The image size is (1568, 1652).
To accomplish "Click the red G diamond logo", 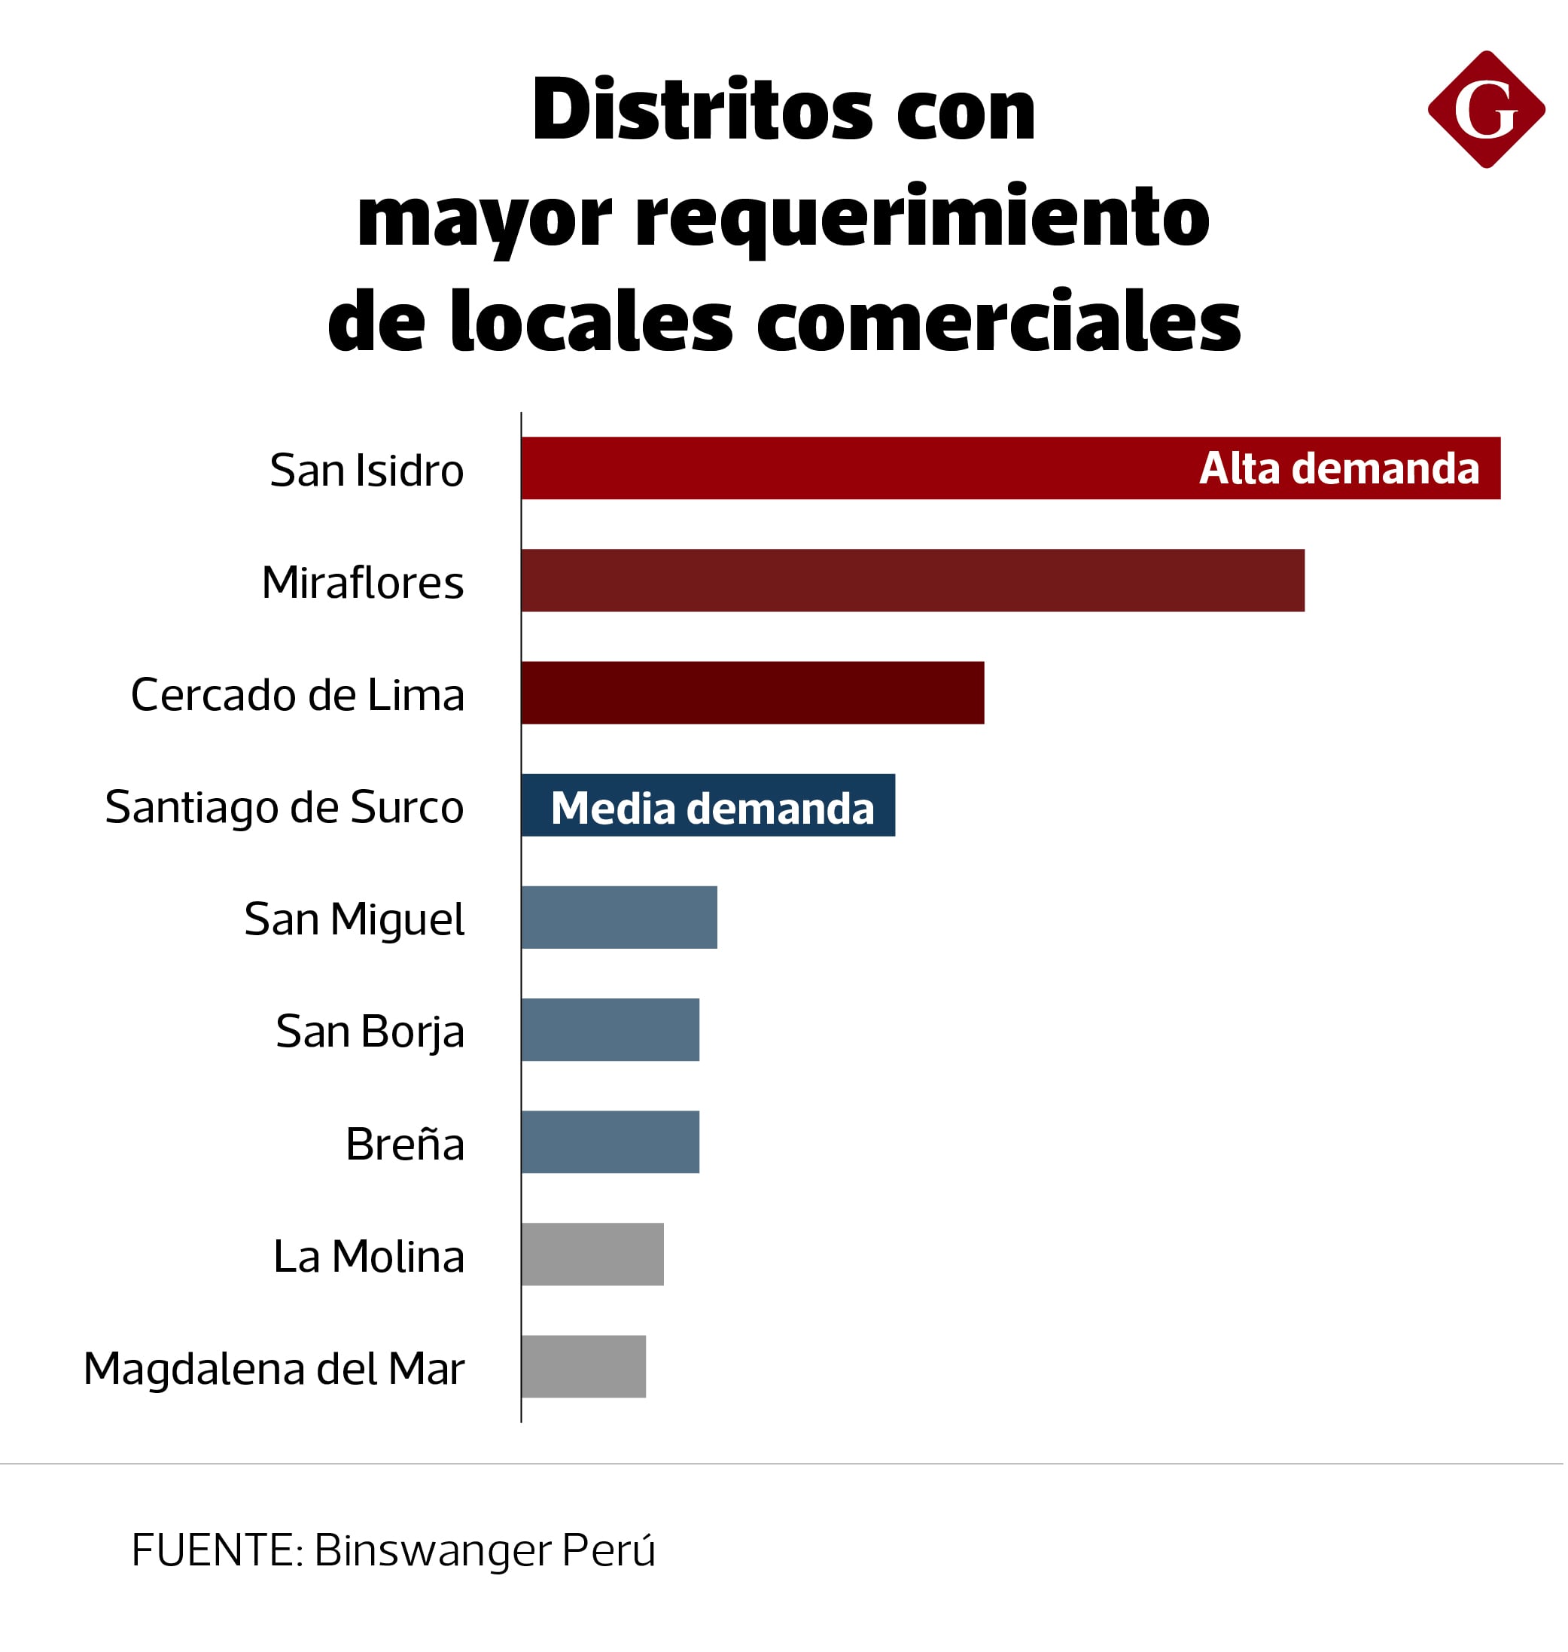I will [x=1485, y=109].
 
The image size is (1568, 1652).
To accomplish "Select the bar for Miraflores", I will [x=912, y=581].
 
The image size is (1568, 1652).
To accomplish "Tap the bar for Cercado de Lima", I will [x=753, y=693].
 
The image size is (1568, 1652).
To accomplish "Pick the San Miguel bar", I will [x=620, y=918].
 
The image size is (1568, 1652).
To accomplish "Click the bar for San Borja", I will [x=611, y=1030].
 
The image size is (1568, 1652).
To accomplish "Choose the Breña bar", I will [x=611, y=1143].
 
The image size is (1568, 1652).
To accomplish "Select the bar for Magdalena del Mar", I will [x=584, y=1367].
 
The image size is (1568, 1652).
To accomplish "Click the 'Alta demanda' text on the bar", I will [x=1339, y=468].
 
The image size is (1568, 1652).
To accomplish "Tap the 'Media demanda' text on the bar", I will [x=713, y=809].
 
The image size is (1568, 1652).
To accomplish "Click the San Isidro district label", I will [x=367, y=471].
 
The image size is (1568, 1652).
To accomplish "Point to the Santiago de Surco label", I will [x=285, y=808].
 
